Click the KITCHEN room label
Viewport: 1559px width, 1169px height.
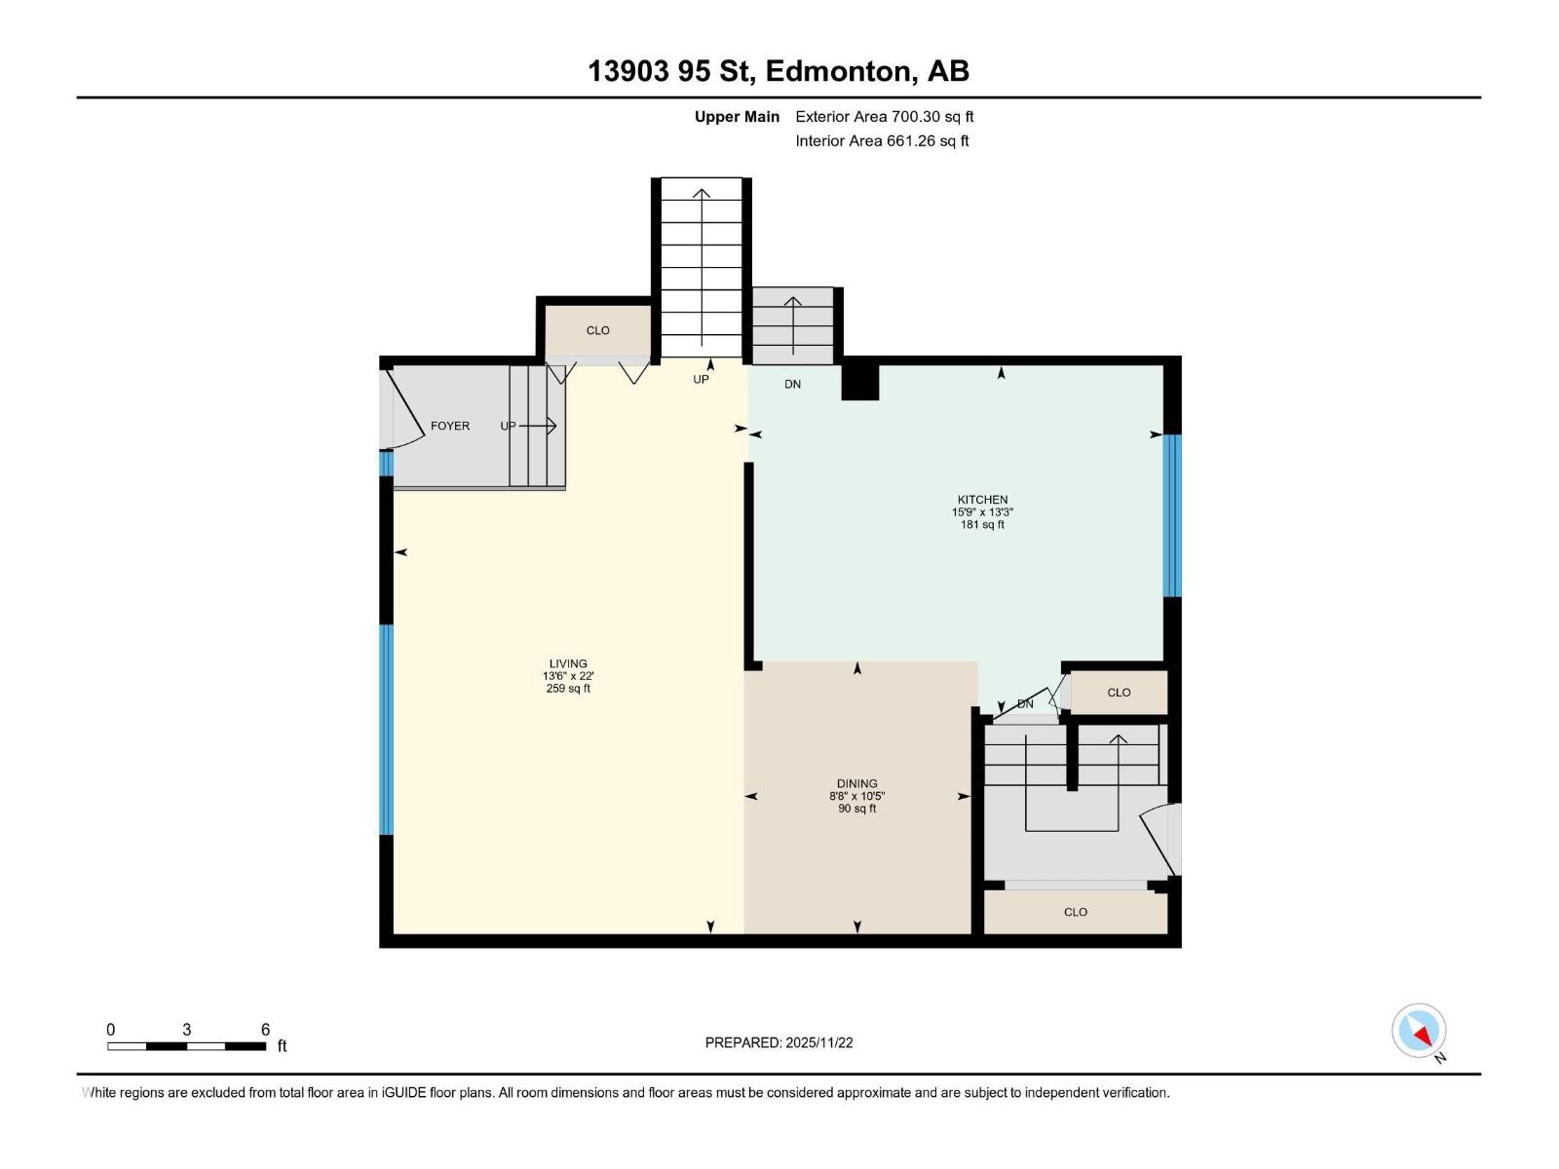point(981,500)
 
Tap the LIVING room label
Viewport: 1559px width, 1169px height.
point(568,663)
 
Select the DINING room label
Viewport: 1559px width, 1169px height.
point(856,783)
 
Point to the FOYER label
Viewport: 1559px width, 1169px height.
point(450,426)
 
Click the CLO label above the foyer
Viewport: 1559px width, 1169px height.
point(597,330)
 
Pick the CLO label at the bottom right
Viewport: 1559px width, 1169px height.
point(1075,912)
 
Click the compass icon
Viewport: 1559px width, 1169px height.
point(1419,1031)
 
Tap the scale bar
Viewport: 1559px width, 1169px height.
point(186,1046)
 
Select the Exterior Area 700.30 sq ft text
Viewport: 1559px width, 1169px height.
point(884,116)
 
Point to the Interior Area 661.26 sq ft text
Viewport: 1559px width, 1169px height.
point(882,140)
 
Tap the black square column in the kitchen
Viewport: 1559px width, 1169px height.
point(860,381)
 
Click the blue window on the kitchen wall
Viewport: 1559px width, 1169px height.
point(1172,514)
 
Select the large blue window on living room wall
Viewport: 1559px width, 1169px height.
point(387,729)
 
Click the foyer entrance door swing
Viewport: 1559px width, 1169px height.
point(401,409)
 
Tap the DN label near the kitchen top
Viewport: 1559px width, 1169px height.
point(792,384)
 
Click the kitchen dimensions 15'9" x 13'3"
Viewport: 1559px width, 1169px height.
point(981,512)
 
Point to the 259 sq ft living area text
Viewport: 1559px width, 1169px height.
point(568,689)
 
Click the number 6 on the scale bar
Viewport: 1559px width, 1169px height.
point(265,1030)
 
